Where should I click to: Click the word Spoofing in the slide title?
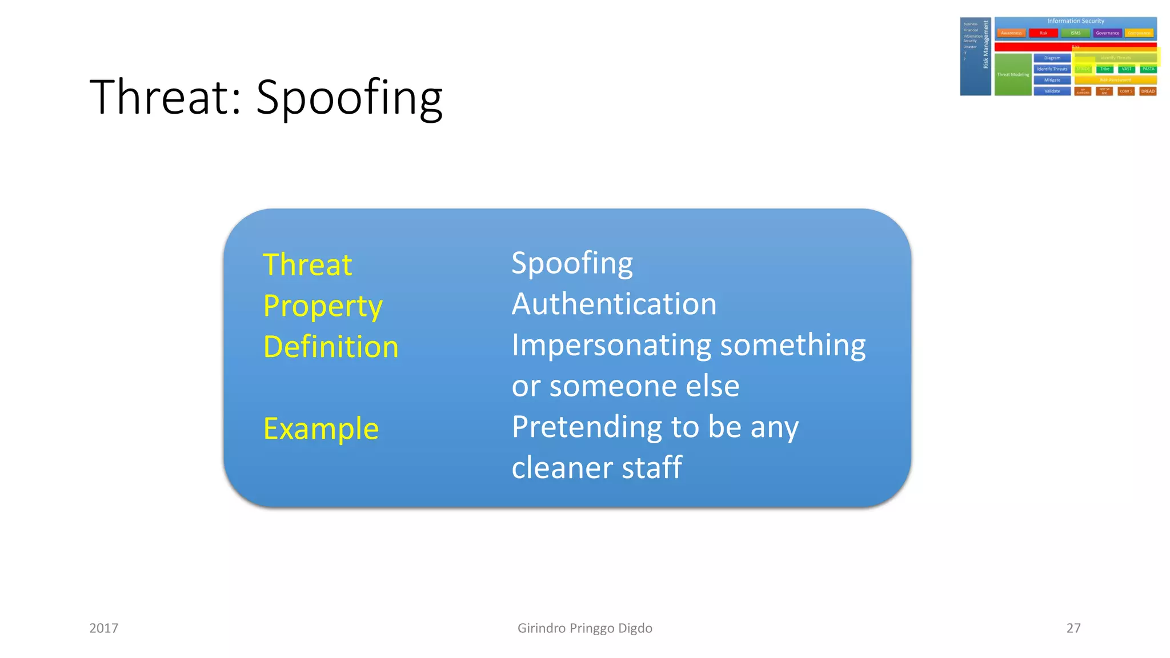pos(349,97)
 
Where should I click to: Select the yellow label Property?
pos(323,306)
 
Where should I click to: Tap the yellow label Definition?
pos(331,347)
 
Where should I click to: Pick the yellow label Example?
pos(321,428)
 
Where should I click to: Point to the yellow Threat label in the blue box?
pos(307,264)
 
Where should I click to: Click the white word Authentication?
pos(614,304)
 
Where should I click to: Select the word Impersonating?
pos(612,345)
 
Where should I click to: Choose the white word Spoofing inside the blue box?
pos(572,263)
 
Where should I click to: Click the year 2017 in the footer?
pos(104,628)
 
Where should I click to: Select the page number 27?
pos(1073,628)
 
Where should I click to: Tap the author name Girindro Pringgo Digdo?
pos(584,628)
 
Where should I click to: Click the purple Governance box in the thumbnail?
pos(1107,33)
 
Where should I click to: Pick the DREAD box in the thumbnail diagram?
pos(1148,91)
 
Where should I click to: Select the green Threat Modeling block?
pos(1013,75)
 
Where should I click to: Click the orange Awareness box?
pos(1011,33)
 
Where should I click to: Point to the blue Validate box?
pos(1052,91)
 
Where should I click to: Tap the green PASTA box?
pos(1148,69)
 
